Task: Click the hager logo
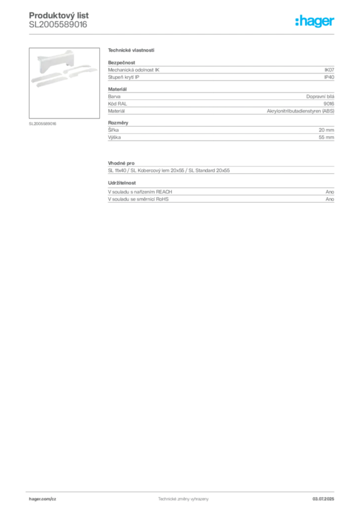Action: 315,21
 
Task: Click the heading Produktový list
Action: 59,15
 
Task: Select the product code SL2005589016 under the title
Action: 58,25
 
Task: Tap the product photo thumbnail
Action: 64,83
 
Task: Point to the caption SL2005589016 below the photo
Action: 43,124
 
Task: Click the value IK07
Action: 329,70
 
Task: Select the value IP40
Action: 329,77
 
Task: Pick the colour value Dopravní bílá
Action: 320,96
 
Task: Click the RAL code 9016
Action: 329,103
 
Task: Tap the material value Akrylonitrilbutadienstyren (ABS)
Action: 301,111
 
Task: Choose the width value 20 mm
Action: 326,130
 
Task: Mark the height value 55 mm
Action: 326,137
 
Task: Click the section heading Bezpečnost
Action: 121,63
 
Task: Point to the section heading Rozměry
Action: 118,123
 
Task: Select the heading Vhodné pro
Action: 121,163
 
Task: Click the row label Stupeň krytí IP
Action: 123,77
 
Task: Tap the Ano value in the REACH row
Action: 330,192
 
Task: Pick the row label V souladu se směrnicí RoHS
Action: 138,199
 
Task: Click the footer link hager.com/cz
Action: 43,499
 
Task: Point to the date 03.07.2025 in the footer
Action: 323,499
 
